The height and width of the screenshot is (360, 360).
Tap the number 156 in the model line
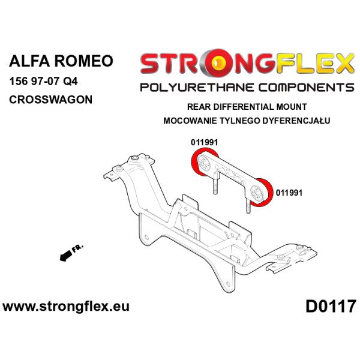pyautogui.click(x=20, y=82)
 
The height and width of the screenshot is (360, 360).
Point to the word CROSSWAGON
pyautogui.click(x=50, y=99)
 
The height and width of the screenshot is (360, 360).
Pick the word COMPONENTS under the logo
pyautogui.click(x=307, y=88)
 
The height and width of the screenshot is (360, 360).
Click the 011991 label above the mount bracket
pyautogui.click(x=204, y=143)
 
